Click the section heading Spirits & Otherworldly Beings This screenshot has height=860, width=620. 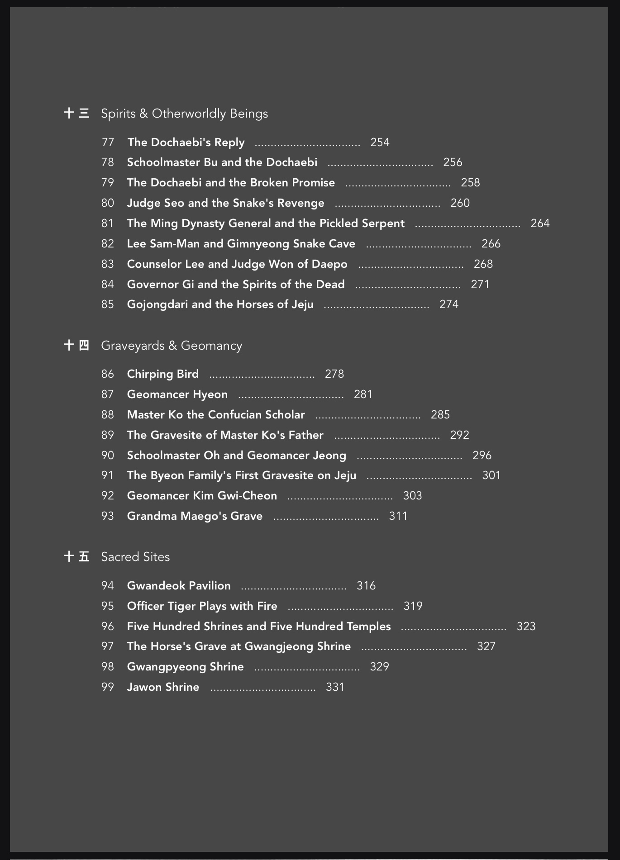[x=184, y=114]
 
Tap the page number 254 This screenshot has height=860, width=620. [x=380, y=143]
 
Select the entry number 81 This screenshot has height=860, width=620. [x=108, y=223]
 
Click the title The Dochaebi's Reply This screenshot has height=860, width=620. [x=186, y=143]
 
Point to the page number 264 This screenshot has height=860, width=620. [x=540, y=223]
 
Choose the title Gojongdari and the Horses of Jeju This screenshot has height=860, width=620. [x=220, y=304]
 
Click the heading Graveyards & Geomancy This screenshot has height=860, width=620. [x=172, y=346]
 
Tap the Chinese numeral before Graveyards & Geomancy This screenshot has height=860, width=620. [x=76, y=346]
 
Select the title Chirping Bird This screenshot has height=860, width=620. [x=163, y=374]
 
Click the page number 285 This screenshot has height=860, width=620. [x=440, y=415]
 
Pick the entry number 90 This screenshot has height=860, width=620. [x=108, y=456]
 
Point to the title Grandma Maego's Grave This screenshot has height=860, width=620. [x=195, y=516]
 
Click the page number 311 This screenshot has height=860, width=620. [x=398, y=516]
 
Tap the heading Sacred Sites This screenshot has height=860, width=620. [x=135, y=557]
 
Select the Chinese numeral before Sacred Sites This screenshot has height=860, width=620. [x=76, y=556]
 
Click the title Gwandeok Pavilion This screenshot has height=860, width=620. [x=179, y=586]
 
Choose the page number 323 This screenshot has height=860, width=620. [x=526, y=627]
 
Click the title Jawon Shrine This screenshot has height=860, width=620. [x=163, y=687]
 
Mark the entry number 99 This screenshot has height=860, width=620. [x=108, y=687]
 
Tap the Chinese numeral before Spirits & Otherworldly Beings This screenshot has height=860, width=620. [x=76, y=113]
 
